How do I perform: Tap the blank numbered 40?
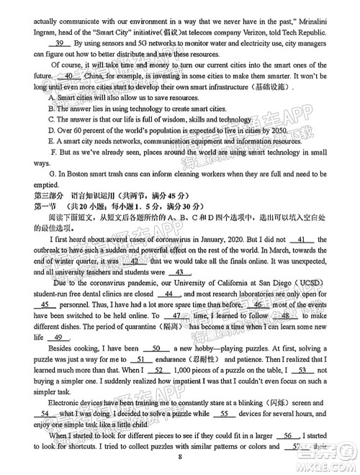click(68, 76)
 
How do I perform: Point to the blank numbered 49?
click(60, 338)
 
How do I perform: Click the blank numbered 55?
click(224, 414)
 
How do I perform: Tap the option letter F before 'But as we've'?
click(53, 153)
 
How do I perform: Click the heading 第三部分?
click(49, 196)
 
